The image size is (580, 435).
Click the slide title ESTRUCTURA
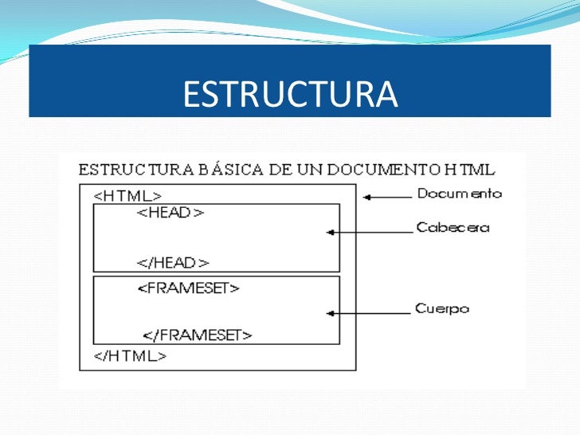[x=289, y=95]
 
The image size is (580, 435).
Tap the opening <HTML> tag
[x=128, y=195]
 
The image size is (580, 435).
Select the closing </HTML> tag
[x=131, y=356]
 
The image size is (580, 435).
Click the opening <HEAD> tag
[x=171, y=213]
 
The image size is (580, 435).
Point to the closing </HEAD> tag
[x=173, y=262]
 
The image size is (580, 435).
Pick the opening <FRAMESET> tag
[x=189, y=288]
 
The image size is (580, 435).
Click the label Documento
[x=459, y=194]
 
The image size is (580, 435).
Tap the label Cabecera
[x=453, y=228]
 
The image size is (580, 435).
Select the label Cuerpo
[x=442, y=308]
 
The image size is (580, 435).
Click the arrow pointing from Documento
[x=386, y=195]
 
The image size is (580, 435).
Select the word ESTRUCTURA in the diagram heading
[x=127, y=170]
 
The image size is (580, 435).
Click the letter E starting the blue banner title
[x=190, y=95]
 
